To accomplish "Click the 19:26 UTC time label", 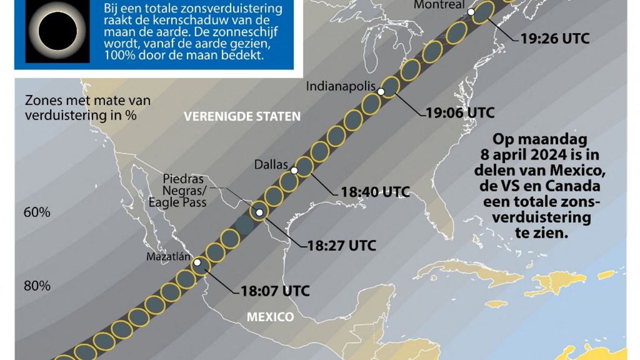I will (x=555, y=38).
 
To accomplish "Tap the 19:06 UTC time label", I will (x=460, y=113).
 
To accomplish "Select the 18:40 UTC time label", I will (x=375, y=191).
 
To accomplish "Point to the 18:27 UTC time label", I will (x=341, y=246).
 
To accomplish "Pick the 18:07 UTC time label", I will (x=275, y=291).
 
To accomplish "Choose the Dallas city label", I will (x=271, y=164).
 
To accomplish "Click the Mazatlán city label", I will (x=167, y=256).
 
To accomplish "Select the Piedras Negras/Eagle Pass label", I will (x=178, y=190).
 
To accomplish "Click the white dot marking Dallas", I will (x=295, y=169).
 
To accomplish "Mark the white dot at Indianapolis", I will (x=381, y=92).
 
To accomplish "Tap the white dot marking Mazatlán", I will (x=197, y=263).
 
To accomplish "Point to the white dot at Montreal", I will (x=471, y=12).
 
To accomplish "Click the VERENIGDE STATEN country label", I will (x=242, y=116).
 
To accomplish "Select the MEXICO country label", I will (x=270, y=317).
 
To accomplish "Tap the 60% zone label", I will (x=37, y=212).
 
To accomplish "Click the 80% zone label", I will (x=37, y=286).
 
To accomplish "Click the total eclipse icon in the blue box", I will (x=58, y=30).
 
